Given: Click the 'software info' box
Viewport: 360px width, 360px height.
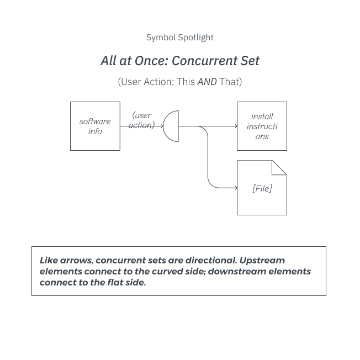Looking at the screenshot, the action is coord(95,126).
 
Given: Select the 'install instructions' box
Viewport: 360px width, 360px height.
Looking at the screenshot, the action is coord(262,126).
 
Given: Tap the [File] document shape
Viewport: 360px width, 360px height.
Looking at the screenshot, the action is coord(262,188).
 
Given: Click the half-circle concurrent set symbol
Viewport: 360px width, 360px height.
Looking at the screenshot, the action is coord(171,126).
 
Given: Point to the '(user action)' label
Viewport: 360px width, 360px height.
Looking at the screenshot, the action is coord(142,120).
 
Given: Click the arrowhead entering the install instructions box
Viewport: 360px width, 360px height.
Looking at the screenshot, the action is coord(236,126).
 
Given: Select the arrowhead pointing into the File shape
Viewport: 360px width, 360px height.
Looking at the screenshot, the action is coord(236,188).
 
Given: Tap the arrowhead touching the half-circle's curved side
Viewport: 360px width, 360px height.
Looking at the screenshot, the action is coord(162,126).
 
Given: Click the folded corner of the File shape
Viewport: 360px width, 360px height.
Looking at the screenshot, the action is coord(279,168).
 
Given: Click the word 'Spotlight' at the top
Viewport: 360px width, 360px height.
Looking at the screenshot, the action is coord(196,38).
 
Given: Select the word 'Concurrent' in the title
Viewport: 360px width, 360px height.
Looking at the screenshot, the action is coord(204,61).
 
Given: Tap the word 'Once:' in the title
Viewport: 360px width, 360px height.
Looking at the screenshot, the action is coord(151,61).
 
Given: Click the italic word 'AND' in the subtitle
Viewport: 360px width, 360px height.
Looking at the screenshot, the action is coord(207,82).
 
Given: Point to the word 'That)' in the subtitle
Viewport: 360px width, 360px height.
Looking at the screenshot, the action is coord(231,82).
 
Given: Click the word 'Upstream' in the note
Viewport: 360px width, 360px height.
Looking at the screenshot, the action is coord(262,261).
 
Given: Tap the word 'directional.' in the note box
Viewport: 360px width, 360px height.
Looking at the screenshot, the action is coord(211,260).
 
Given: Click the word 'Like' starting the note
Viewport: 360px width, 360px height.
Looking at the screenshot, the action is coord(49,260).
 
